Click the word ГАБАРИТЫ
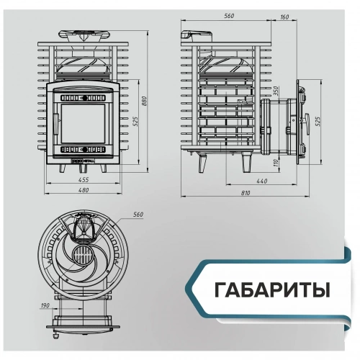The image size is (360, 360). (x=271, y=290)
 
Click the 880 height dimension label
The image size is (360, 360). (x=145, y=102)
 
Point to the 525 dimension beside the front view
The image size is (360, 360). (x=134, y=120)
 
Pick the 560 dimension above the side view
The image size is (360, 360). (x=230, y=17)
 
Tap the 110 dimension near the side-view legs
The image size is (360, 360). (x=276, y=163)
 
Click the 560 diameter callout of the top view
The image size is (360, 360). (x=139, y=215)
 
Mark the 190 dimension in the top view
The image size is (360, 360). (x=45, y=305)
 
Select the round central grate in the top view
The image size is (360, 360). (x=84, y=257)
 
